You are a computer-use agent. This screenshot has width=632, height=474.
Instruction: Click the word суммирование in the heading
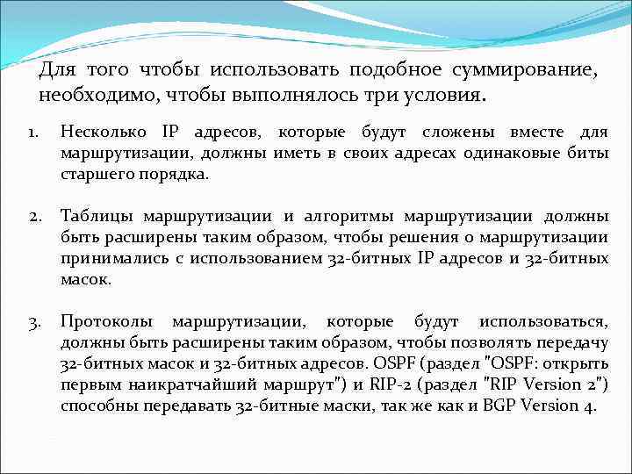click(x=526, y=70)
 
